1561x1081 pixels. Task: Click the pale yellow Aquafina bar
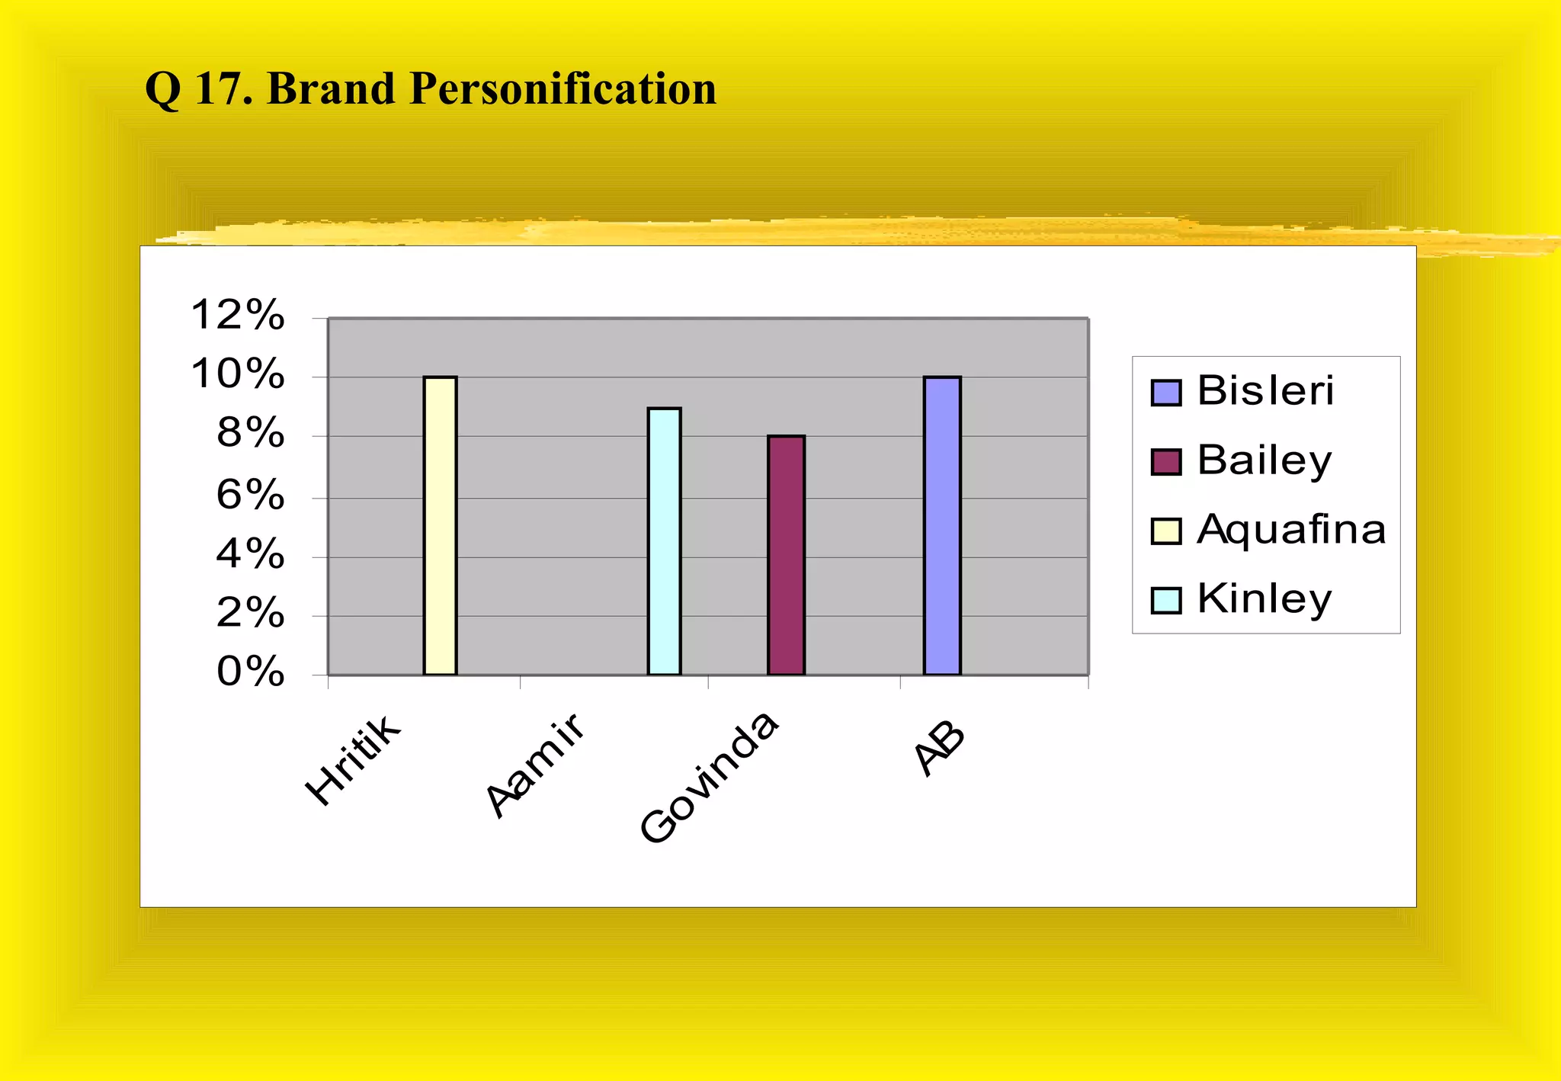[x=440, y=526]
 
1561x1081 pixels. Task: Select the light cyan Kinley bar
[x=664, y=541]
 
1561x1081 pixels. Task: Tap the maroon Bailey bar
[x=786, y=555]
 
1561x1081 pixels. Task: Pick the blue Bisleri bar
[x=942, y=526]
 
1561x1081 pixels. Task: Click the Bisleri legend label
[x=1265, y=391]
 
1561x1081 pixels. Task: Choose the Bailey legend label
[x=1265, y=460]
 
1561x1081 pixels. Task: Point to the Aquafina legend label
[x=1291, y=530]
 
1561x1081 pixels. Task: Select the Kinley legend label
[x=1265, y=599]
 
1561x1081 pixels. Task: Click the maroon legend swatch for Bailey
[x=1165, y=462]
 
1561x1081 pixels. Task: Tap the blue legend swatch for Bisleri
[x=1165, y=393]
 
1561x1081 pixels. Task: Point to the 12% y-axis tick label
[x=238, y=315]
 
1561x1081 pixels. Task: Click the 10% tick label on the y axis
[x=238, y=374]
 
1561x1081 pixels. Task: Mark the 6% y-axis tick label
[x=250, y=495]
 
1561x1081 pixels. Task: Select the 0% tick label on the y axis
[x=250, y=672]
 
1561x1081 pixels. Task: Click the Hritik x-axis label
[x=352, y=759]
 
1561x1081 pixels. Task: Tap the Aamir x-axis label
[x=536, y=765]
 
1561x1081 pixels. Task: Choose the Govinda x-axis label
[x=709, y=778]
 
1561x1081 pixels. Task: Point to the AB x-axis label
[x=940, y=750]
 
